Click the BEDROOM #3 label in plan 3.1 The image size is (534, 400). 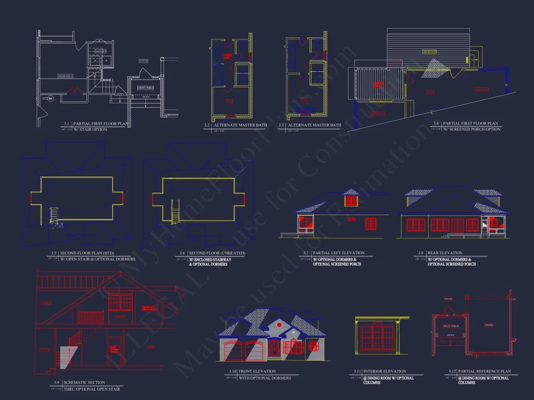point(66,76)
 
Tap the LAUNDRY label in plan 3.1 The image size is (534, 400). point(100,50)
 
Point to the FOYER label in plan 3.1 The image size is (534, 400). point(143,61)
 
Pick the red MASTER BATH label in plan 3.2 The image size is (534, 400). point(227,56)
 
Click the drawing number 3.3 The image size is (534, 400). point(282,125)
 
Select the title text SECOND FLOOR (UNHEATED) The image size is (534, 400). point(217,253)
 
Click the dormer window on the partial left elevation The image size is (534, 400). point(351,199)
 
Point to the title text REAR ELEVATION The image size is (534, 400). point(445,253)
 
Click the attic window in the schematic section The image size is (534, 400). point(119,302)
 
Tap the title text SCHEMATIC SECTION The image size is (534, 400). point(84,383)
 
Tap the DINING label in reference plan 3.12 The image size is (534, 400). point(489,324)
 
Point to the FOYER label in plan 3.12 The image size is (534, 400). point(448,299)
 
